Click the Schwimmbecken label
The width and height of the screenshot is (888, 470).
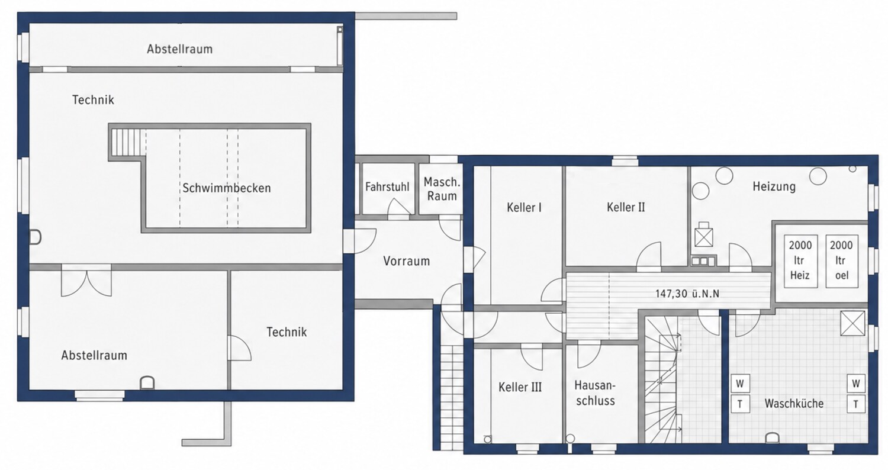click(x=226, y=188)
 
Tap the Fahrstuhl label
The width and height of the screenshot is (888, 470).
click(x=387, y=186)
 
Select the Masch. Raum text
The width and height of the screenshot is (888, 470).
click(x=442, y=189)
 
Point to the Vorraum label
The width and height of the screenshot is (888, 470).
click(x=406, y=261)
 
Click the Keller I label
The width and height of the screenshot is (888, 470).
click(x=524, y=207)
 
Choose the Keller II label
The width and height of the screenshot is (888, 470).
click(x=626, y=207)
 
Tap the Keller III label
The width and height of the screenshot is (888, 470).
click(x=520, y=387)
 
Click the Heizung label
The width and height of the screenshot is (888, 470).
click(x=774, y=186)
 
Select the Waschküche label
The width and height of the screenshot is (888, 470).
click(x=794, y=404)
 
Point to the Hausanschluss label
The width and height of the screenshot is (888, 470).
click(x=595, y=392)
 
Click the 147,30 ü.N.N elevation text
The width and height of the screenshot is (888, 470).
click(x=687, y=294)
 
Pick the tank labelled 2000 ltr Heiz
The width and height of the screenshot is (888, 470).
click(x=800, y=261)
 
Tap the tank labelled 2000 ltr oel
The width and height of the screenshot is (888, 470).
click(x=842, y=261)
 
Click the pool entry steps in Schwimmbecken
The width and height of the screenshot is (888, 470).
click(x=127, y=142)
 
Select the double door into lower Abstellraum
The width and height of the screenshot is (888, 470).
click(x=86, y=281)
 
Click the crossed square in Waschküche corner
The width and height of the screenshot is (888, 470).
click(x=852, y=323)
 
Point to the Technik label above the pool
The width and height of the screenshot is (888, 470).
click(x=93, y=100)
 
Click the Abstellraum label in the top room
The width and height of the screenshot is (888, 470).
click(x=179, y=49)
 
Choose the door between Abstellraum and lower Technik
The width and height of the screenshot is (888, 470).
click(x=239, y=348)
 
